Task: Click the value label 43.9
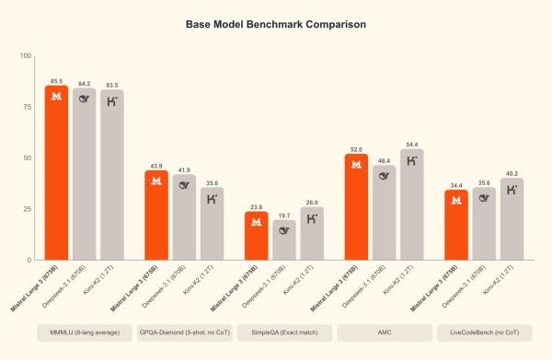click(155, 165)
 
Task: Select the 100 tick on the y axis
click(24, 56)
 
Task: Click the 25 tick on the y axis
click(26, 209)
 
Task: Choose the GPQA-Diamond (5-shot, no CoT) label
click(184, 331)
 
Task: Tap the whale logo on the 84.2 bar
click(86, 99)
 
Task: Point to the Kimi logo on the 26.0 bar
click(313, 218)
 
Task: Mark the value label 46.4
click(383, 159)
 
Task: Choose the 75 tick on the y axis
click(26, 107)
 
